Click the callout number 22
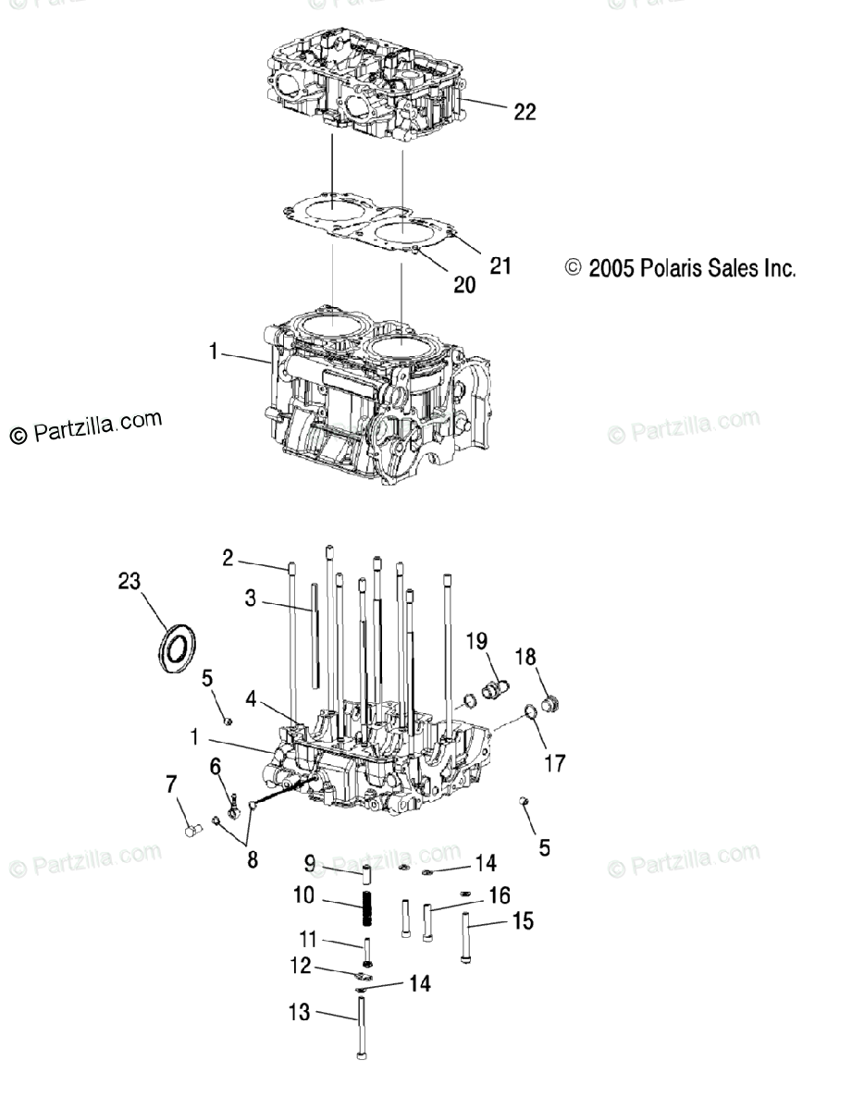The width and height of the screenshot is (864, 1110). (525, 112)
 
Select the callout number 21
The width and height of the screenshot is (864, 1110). (500, 266)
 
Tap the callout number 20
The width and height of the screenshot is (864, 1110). (464, 285)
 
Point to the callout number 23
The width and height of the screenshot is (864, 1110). (129, 581)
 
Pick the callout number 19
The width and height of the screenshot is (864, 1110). (476, 642)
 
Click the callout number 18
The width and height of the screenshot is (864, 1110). (525, 657)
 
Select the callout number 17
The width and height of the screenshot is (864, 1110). (555, 764)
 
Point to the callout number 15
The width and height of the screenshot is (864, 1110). (522, 921)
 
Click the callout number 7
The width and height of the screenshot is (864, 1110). (170, 785)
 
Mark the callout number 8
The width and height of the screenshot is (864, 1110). (252, 858)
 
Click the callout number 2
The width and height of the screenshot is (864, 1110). (228, 557)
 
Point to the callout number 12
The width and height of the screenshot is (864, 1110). (300, 966)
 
